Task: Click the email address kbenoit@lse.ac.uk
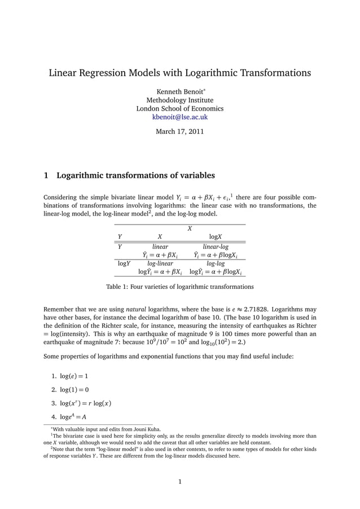click(x=180, y=117)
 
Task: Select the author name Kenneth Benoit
click(x=178, y=90)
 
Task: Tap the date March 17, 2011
click(x=180, y=132)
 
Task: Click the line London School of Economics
click(x=180, y=108)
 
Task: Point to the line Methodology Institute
click(x=180, y=99)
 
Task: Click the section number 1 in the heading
click(x=46, y=175)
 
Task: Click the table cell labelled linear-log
click(x=216, y=247)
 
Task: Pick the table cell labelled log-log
click(x=216, y=263)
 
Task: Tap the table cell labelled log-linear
click(x=160, y=263)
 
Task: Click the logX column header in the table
click(x=216, y=236)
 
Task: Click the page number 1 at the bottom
click(x=179, y=482)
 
